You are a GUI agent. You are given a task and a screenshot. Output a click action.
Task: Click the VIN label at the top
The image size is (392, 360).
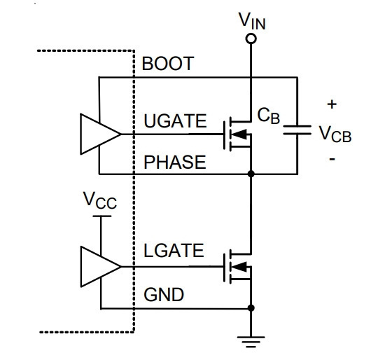[252, 21]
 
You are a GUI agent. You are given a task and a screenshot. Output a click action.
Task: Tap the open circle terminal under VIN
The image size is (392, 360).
[251, 39]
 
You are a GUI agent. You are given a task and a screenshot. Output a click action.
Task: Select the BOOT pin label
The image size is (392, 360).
[168, 64]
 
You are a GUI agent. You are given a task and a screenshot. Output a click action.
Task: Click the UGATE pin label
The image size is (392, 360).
[175, 121]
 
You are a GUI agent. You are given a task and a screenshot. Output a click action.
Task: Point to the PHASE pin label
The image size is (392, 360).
[175, 162]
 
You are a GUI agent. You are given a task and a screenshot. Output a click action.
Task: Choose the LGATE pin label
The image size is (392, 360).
[174, 251]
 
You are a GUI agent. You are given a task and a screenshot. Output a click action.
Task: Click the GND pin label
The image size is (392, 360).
[164, 294]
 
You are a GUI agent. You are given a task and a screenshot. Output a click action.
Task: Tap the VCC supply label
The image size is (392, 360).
[99, 200]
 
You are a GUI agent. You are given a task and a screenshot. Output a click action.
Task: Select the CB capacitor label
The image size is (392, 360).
[269, 116]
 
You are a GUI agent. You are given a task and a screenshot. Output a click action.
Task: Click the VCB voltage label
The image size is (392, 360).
[335, 134]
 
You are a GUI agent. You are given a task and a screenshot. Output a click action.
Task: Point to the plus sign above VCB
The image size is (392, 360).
[332, 104]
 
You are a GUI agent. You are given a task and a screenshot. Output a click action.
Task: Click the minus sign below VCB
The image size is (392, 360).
[332, 159]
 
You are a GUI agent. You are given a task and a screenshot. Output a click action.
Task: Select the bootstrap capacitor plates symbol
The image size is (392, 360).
[297, 130]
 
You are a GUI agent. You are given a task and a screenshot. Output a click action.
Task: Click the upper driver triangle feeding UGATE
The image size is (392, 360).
[100, 134]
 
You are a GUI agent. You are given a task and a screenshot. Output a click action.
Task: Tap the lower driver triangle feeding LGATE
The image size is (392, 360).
[100, 267]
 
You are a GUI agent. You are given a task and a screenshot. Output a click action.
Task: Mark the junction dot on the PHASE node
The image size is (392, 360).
[251, 174]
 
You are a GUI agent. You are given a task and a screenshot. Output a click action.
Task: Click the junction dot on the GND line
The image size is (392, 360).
[251, 308]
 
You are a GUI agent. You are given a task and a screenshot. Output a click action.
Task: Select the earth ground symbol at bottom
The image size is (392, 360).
[251, 342]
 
